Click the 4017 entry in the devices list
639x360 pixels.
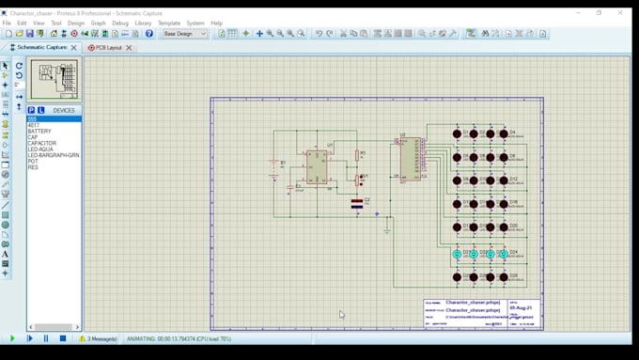click(x=34, y=124)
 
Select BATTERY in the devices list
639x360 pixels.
click(x=39, y=131)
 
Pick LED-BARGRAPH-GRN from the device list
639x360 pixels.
click(x=53, y=154)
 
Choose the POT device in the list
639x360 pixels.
click(x=33, y=161)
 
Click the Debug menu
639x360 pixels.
click(x=120, y=23)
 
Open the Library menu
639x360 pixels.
click(x=143, y=23)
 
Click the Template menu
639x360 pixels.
click(x=169, y=23)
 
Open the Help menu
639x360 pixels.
click(x=217, y=23)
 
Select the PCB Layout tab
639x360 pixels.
click(x=109, y=47)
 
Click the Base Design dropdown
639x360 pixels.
click(x=184, y=34)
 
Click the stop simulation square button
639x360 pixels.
click(x=63, y=338)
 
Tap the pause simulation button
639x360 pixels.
click(x=46, y=338)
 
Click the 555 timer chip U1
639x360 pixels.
click(x=317, y=166)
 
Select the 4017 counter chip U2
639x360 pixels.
click(x=410, y=159)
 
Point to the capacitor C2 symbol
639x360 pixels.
click(x=357, y=202)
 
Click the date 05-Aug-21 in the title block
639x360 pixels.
click(x=520, y=307)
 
